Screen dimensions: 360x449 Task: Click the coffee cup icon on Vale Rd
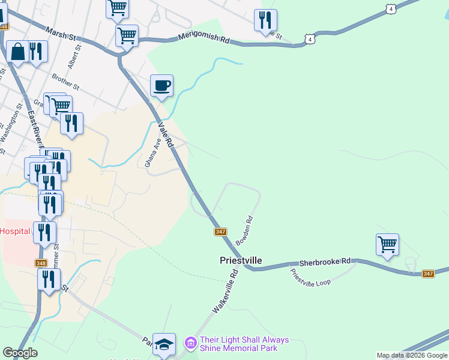coord(161,86)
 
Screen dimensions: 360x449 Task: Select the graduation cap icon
coord(164,344)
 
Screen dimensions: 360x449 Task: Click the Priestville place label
coord(240,260)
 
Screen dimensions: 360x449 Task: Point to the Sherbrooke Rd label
coord(325,262)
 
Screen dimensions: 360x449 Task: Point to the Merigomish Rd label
coord(204,39)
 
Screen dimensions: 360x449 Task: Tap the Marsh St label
coord(62,37)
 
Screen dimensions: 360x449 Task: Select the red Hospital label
coord(14,230)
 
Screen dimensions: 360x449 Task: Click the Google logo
coord(20,353)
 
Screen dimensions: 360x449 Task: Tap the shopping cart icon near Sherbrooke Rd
coord(388,245)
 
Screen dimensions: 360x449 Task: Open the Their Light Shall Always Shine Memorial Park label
coord(244,344)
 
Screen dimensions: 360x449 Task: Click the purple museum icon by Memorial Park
coord(191,344)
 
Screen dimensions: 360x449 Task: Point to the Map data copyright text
coord(411,355)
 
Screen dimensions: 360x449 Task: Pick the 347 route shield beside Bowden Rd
coord(220,232)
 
